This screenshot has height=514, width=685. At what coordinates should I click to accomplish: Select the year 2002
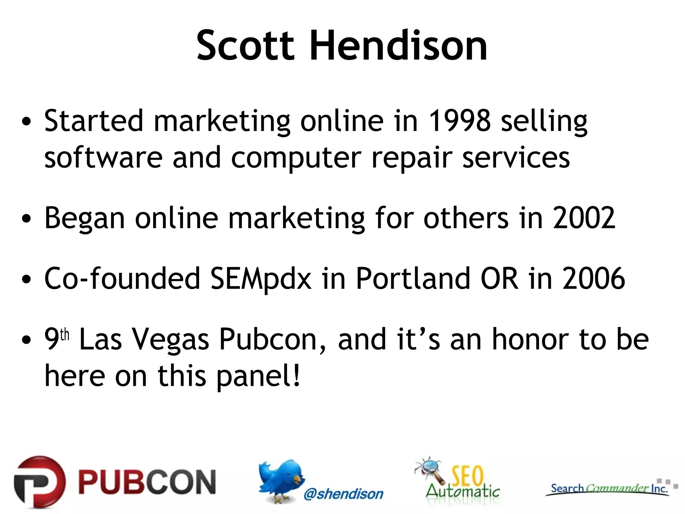click(584, 218)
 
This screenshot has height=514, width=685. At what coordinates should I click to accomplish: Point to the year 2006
click(593, 278)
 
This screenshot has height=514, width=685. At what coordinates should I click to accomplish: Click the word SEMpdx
click(261, 279)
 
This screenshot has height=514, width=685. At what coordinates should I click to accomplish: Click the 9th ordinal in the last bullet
click(56, 339)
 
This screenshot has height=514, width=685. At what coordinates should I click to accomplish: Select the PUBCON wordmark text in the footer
click(147, 482)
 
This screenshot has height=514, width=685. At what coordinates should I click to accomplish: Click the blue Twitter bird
click(281, 480)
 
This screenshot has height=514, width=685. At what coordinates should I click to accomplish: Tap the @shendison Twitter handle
click(343, 494)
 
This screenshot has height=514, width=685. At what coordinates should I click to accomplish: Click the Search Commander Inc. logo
click(609, 489)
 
